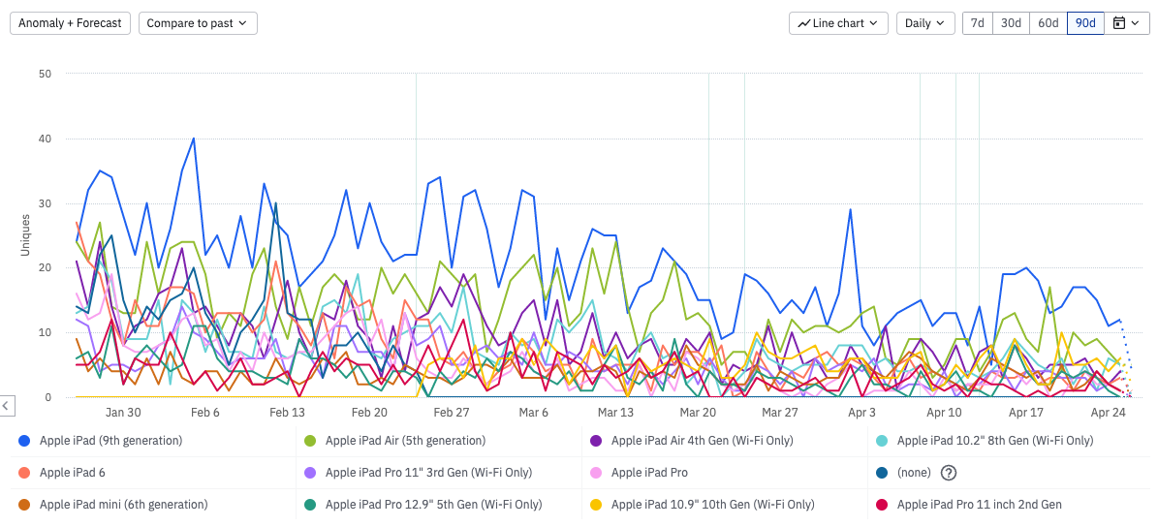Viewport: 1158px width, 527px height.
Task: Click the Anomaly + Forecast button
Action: [x=71, y=23]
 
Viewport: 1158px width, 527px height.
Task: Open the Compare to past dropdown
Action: [x=198, y=23]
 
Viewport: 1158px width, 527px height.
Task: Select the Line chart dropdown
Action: [x=839, y=23]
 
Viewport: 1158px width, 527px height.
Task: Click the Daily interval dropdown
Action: [x=925, y=23]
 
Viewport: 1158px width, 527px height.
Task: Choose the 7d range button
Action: [x=978, y=23]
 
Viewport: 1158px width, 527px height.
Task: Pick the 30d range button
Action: [x=1011, y=23]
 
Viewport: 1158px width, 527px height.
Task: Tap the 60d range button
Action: [x=1048, y=23]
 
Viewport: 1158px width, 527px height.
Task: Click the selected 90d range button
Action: [x=1085, y=23]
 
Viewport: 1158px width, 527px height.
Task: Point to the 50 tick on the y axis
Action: [x=45, y=74]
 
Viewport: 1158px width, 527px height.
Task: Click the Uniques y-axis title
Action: [x=26, y=235]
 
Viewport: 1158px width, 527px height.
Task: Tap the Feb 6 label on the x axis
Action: [x=205, y=412]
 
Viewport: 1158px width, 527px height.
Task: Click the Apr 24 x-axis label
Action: [x=1109, y=412]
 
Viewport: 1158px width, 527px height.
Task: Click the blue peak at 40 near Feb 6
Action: [x=194, y=139]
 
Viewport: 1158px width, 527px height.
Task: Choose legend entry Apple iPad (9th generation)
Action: [x=110, y=441]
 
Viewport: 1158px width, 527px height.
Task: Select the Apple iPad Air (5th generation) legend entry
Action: [x=405, y=441]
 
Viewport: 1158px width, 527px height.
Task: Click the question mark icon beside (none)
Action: [x=949, y=473]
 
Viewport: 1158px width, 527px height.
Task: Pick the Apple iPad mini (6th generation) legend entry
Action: [x=123, y=505]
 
